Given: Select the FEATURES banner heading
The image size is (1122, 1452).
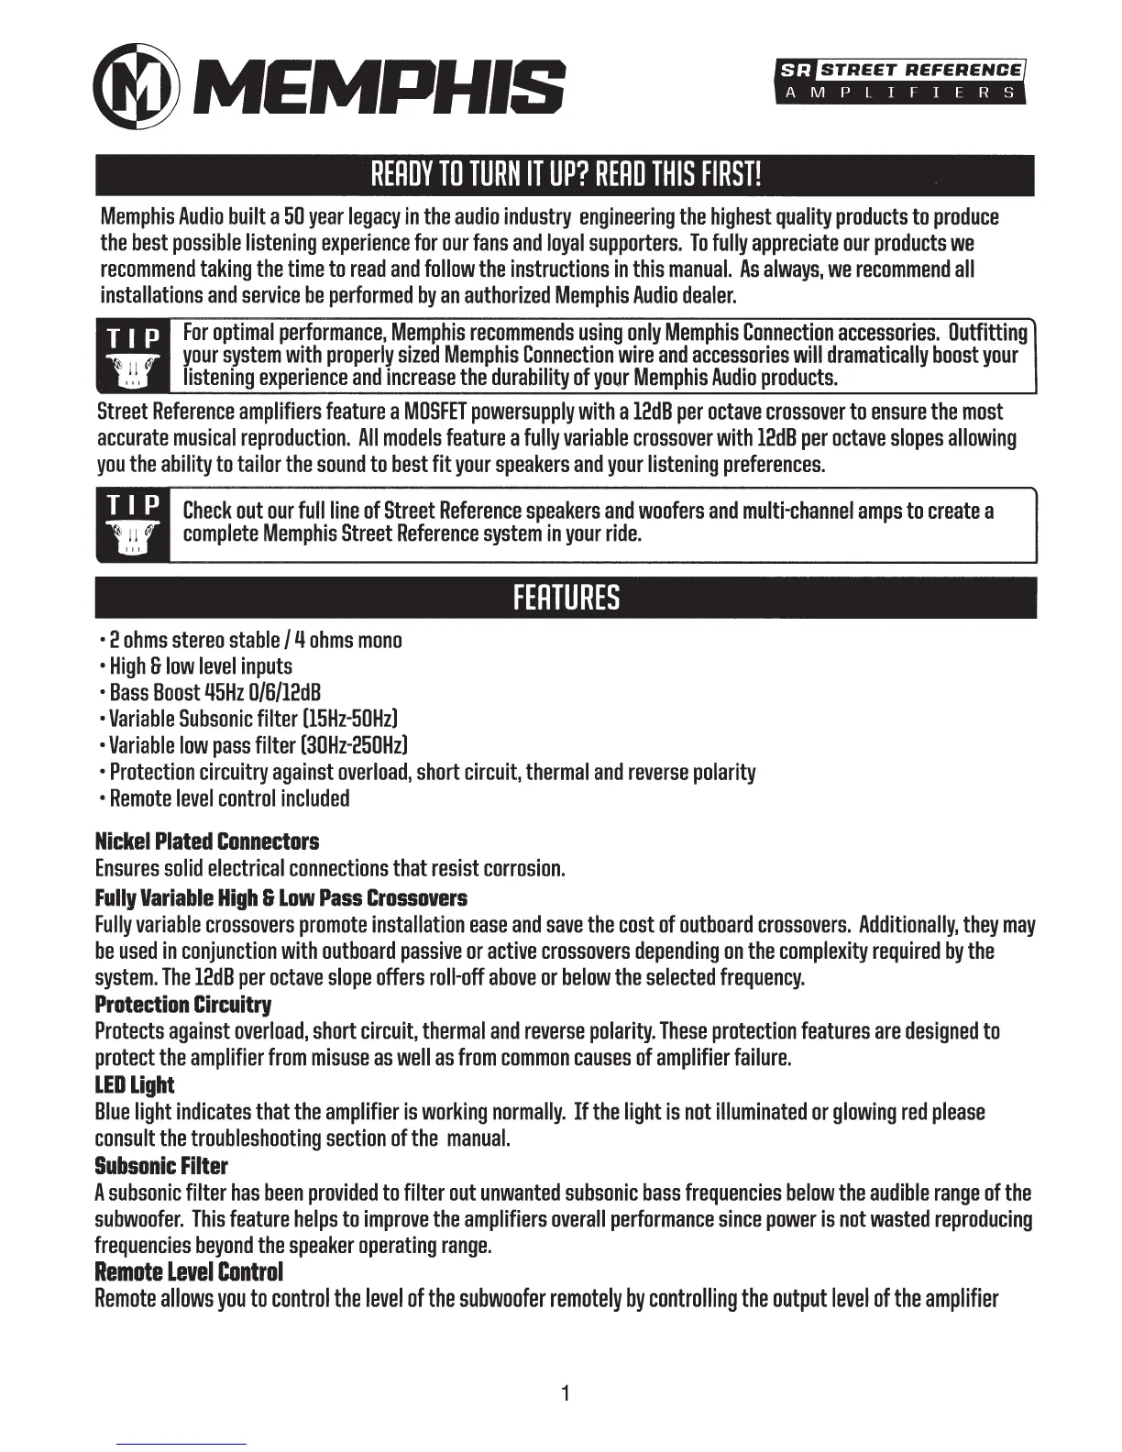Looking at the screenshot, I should click(566, 598).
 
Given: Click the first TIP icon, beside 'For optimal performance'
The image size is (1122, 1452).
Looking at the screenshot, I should click(133, 357).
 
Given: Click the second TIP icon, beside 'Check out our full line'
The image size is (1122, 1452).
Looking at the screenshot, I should click(133, 525).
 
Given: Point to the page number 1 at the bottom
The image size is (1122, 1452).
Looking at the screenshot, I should click(566, 1394).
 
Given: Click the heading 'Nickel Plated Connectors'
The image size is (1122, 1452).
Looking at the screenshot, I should click(207, 841).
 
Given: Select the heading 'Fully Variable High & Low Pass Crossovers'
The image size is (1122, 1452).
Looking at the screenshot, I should click(280, 898).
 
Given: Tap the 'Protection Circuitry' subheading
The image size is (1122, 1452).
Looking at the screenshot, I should click(183, 1005).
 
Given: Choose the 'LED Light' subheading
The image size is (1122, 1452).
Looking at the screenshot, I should click(135, 1085).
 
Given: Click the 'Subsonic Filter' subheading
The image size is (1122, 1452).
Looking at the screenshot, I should click(161, 1166).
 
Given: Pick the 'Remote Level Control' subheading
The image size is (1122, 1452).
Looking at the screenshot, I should click(189, 1272).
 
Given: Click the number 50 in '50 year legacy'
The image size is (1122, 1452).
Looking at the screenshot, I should click(294, 217).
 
